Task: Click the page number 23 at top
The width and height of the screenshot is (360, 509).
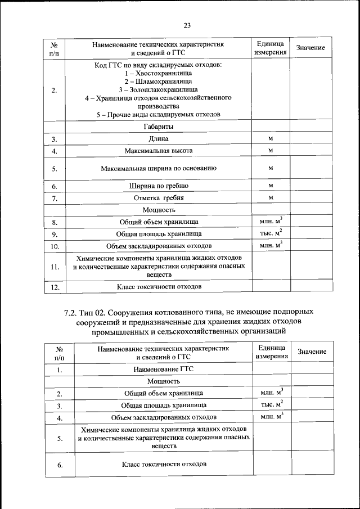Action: tap(187, 25)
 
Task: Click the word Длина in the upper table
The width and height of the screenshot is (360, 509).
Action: tap(158, 139)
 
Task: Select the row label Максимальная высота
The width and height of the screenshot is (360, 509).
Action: tap(159, 151)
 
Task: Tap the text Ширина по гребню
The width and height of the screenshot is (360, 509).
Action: tap(159, 186)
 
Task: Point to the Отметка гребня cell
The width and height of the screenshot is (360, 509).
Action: tap(159, 198)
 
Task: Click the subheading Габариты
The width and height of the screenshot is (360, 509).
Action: tap(158, 127)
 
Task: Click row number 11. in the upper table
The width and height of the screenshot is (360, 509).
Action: tap(55, 267)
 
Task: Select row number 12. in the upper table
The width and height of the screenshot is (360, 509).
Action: tap(55, 287)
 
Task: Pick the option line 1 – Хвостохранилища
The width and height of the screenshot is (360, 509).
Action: tap(158, 74)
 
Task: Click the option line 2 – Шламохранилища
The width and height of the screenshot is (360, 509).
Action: tap(158, 82)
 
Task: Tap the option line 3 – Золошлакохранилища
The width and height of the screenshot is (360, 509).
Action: tap(158, 89)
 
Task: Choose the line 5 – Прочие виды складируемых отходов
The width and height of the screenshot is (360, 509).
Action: tap(158, 114)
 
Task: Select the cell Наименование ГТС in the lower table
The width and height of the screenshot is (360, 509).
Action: tap(163, 370)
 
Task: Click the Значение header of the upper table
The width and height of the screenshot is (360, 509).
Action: tap(310, 48)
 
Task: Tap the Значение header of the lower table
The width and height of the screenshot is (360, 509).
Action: tap(312, 352)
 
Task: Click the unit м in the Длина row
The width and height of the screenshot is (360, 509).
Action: tap(271, 138)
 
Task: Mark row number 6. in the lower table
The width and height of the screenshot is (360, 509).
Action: tap(59, 465)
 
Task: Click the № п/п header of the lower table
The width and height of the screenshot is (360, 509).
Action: tap(60, 352)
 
